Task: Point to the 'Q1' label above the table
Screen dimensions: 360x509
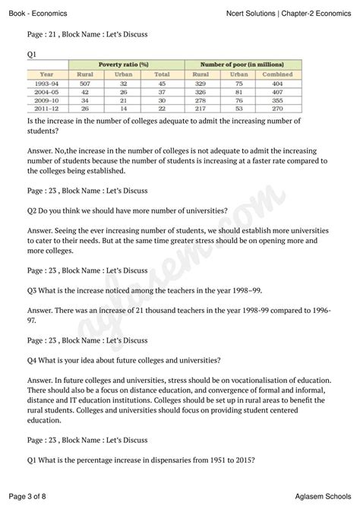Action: click(32, 55)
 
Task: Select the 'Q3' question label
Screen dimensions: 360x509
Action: click(33, 289)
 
